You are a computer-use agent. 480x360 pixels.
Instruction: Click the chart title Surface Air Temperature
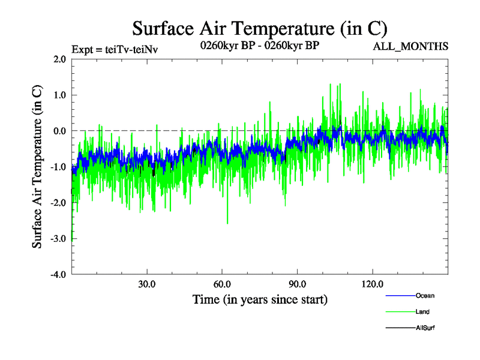(x=260, y=28)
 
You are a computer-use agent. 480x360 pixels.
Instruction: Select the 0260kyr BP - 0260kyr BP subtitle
(x=259, y=46)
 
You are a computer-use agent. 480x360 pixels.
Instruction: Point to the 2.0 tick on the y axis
(x=59, y=59)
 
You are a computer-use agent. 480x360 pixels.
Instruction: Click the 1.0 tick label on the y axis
(x=59, y=95)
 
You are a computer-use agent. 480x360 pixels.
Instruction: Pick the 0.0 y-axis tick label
(x=59, y=131)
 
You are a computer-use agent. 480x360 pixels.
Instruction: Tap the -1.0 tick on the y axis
(x=58, y=167)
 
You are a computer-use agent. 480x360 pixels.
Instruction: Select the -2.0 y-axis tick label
(x=58, y=203)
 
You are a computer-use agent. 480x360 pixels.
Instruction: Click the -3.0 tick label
(x=58, y=239)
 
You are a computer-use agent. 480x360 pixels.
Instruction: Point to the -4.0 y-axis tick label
(x=58, y=275)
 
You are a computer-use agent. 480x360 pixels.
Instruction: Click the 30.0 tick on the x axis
(x=146, y=284)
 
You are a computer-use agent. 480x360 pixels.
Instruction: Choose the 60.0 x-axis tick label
(x=222, y=284)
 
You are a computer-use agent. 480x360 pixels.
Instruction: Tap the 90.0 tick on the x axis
(x=297, y=284)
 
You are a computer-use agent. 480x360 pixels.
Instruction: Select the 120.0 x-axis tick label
(x=372, y=284)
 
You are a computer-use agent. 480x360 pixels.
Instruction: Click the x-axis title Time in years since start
(x=260, y=299)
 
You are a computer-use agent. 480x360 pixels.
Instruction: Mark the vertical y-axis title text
(x=37, y=167)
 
